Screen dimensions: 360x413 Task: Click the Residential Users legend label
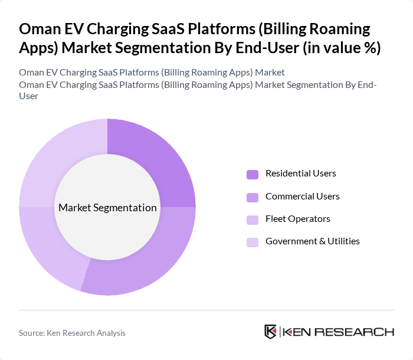click(300, 174)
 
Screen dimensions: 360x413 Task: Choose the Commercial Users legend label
click(302, 196)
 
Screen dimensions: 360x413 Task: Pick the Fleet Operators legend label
click(297, 218)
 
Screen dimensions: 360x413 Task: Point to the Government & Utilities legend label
click(312, 241)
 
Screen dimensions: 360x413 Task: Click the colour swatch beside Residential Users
click(253, 174)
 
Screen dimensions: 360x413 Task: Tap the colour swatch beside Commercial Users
click(253, 197)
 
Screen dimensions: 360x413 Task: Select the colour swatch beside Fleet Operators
click(253, 219)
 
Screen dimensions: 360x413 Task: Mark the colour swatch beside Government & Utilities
click(253, 241)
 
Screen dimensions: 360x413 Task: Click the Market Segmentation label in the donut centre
click(107, 208)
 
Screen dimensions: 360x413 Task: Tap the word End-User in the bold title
click(265, 48)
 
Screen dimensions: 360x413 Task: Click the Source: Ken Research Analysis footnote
click(72, 333)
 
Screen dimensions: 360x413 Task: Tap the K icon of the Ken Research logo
click(271, 332)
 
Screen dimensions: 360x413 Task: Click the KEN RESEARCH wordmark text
click(339, 332)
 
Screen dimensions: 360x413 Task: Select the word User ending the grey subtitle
click(29, 96)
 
